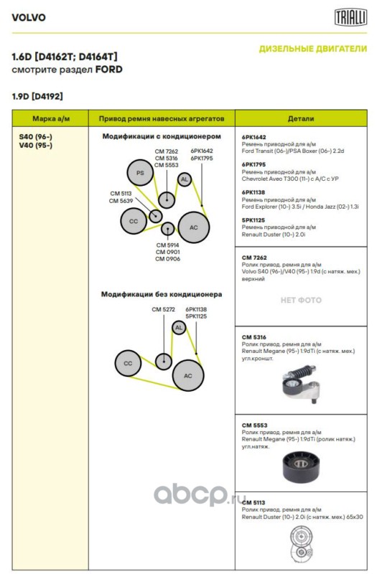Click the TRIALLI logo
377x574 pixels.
click(350, 17)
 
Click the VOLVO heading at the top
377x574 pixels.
click(29, 17)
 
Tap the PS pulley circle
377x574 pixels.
click(140, 173)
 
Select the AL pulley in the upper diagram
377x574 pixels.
click(185, 179)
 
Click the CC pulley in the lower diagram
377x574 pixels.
click(128, 363)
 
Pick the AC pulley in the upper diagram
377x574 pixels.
click(193, 227)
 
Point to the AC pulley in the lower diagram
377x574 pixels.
click(188, 375)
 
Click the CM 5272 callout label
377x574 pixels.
click(164, 309)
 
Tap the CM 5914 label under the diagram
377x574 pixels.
click(167, 245)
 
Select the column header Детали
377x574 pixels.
click(301, 118)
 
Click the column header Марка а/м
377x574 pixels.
click(51, 118)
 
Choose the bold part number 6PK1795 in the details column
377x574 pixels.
click(253, 165)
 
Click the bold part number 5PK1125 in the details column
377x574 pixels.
click(253, 220)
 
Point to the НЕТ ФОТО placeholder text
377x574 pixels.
click(301, 300)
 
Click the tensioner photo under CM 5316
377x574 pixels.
click(301, 384)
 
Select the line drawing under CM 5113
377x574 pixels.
click(301, 545)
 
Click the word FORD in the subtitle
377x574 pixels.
click(109, 70)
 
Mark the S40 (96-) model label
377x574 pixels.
click(35, 137)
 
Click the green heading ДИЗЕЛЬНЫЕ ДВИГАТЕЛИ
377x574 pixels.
click(313, 49)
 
